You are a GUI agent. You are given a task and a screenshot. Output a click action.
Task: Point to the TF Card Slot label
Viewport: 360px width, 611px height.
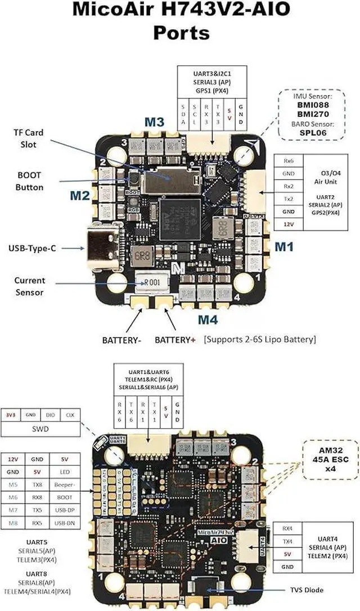[x=28, y=138]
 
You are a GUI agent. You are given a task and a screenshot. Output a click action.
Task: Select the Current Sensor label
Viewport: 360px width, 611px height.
[x=30, y=286]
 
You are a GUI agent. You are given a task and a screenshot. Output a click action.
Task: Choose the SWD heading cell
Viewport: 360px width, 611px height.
[x=40, y=429]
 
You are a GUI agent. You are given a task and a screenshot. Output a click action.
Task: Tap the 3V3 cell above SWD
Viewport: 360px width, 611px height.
[x=11, y=415]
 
